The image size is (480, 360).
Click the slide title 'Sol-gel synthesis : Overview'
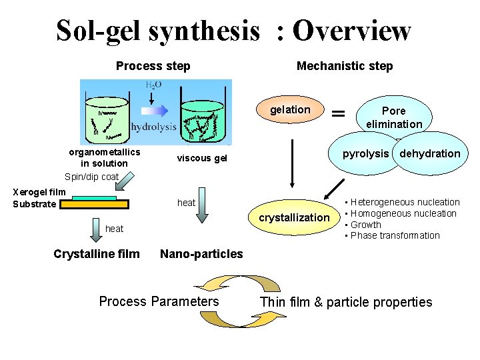point(233,31)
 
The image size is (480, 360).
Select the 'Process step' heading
point(153,66)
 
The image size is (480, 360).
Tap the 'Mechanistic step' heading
point(345,66)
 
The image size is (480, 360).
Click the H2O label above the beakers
point(153,85)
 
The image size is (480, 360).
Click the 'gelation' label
point(290,109)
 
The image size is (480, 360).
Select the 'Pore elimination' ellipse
point(393,117)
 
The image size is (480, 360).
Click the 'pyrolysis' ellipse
point(365,154)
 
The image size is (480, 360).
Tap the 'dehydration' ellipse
point(430,154)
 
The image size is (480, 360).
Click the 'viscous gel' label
point(202,158)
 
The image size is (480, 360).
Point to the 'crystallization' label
point(294,217)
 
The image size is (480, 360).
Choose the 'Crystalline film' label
point(97,253)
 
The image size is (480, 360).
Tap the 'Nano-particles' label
point(201,253)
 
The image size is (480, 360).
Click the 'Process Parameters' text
point(159,301)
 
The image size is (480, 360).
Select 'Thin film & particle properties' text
point(346,302)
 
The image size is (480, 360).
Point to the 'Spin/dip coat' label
point(91,177)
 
